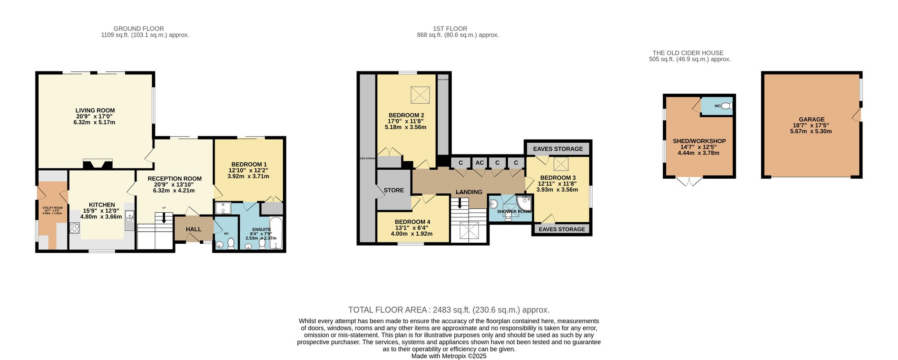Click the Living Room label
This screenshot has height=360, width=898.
95,110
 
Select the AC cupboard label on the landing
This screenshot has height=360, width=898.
480,162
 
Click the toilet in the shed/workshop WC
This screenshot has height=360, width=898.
728,106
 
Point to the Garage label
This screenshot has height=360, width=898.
811,119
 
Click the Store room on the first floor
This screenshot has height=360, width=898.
393,190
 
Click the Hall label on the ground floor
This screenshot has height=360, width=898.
194,229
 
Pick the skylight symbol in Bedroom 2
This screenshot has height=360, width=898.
421,95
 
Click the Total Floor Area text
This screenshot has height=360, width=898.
449,310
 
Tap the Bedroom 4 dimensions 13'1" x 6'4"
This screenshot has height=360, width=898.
412,228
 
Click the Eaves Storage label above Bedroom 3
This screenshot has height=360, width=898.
558,149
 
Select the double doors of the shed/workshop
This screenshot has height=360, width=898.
689,181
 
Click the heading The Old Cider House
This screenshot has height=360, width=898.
688,53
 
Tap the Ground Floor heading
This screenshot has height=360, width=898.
138,29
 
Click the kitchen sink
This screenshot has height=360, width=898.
129,220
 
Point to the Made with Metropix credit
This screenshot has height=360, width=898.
449,356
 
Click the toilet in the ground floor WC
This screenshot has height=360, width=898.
231,244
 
